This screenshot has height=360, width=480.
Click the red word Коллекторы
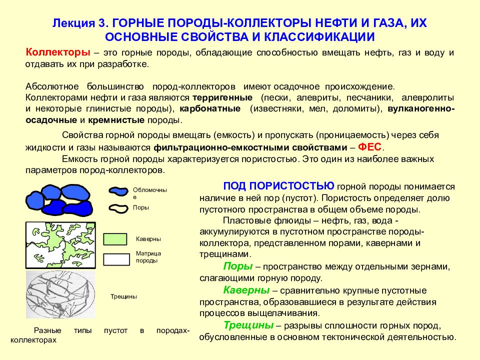tap(57, 52)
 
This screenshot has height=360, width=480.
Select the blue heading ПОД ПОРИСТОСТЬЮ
tap(278, 186)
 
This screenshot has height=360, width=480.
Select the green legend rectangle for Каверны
tap(115, 239)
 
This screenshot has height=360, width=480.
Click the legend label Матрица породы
tap(148, 257)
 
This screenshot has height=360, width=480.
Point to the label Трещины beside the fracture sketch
tap(123, 296)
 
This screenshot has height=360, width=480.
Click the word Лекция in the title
tap(73, 23)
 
